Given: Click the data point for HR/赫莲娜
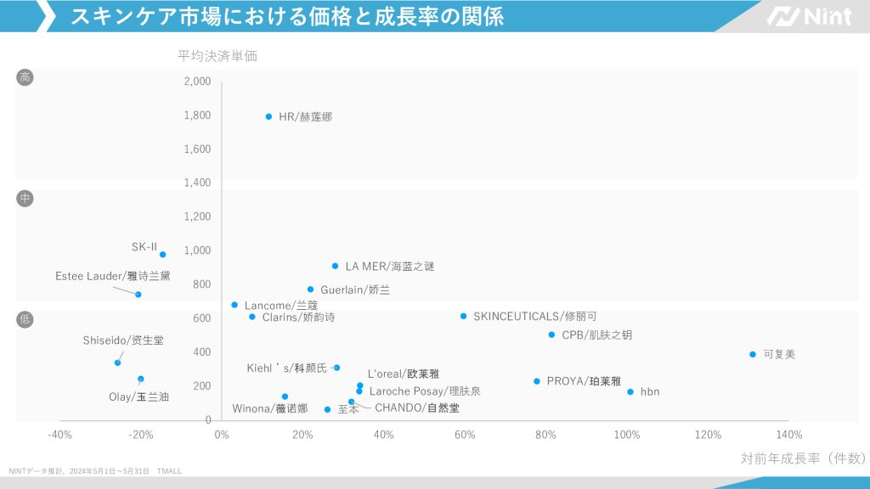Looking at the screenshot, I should click(x=268, y=116).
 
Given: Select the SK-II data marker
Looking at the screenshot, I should click(x=162, y=255).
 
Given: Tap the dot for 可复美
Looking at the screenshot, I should click(x=753, y=354).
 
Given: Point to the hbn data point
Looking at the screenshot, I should click(x=630, y=391).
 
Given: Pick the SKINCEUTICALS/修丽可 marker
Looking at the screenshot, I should click(x=463, y=316).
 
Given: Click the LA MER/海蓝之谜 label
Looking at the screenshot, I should click(x=389, y=267).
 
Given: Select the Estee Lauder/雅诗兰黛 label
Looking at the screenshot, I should click(x=113, y=276).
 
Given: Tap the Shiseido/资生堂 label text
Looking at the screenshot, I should click(x=123, y=340).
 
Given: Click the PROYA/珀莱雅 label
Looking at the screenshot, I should click(x=584, y=382).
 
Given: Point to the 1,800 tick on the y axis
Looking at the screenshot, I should click(x=197, y=115).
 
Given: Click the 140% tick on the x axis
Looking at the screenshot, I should click(x=789, y=436).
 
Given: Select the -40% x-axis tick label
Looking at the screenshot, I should click(x=59, y=436).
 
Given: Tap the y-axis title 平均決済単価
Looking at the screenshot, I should click(x=217, y=57).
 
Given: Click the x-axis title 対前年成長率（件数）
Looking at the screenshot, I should click(x=802, y=458).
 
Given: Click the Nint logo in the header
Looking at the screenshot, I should click(x=808, y=16).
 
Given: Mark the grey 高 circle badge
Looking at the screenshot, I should click(x=25, y=78).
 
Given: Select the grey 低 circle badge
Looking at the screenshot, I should click(x=25, y=320).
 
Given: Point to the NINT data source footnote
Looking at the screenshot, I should click(x=95, y=471).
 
